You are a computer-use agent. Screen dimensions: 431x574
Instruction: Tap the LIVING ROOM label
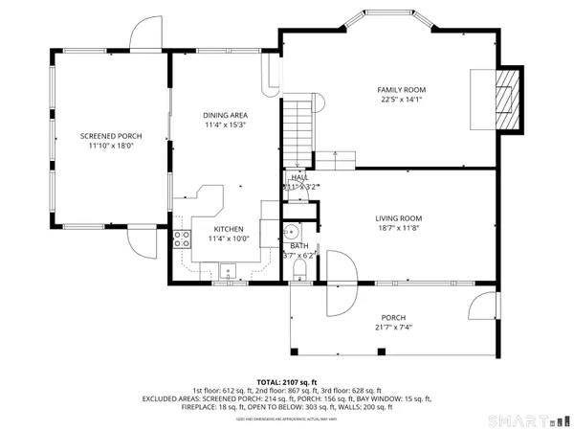click(x=398, y=218)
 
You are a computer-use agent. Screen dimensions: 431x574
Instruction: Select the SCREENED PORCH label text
click(x=108, y=137)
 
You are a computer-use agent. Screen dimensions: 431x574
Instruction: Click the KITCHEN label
click(x=229, y=229)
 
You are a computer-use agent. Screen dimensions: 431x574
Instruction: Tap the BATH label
click(x=298, y=246)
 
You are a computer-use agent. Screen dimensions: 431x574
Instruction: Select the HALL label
click(x=298, y=178)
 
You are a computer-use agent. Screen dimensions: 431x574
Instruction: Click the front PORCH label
click(x=393, y=318)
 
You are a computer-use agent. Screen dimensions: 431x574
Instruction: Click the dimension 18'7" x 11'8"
click(x=398, y=229)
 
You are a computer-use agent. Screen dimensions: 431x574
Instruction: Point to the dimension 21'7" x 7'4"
click(x=393, y=328)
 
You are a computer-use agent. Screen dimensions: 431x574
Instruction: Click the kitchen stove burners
click(x=179, y=238)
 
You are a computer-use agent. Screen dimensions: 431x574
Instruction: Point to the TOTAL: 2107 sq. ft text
click(x=287, y=381)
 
